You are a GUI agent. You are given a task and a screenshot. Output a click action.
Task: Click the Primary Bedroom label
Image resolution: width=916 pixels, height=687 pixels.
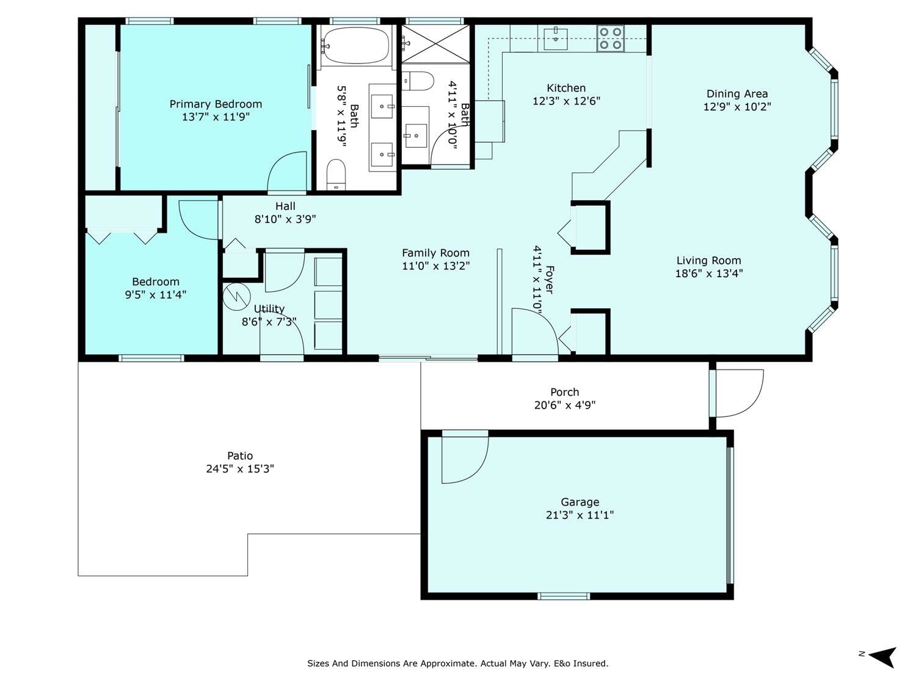tap(216, 104)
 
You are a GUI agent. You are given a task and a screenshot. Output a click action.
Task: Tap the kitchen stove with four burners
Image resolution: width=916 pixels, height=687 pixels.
tap(610, 38)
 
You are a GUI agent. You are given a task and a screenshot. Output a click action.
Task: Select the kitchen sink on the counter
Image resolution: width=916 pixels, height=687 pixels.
tap(556, 38)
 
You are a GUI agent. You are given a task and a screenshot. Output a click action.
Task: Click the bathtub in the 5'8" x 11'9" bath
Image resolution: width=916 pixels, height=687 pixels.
tap(356, 46)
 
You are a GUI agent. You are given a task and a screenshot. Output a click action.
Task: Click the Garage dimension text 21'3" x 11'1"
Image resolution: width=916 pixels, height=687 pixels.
tap(580, 515)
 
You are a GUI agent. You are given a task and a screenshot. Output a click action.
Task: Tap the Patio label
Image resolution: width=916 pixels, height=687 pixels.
tap(239, 456)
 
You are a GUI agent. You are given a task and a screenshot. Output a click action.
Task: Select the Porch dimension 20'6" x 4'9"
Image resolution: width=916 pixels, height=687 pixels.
tap(565, 405)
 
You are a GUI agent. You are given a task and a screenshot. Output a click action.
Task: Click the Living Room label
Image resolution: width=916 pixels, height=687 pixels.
tap(708, 261)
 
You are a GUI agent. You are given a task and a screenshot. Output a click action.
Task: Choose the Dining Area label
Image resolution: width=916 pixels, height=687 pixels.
tap(737, 94)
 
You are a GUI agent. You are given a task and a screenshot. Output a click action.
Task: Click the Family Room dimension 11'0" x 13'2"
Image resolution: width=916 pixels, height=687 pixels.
tap(435, 266)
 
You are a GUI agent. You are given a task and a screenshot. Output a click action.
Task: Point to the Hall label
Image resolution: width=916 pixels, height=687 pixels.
tap(285, 206)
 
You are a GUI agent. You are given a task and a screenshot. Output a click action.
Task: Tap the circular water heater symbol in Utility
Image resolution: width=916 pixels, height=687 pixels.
tap(236, 297)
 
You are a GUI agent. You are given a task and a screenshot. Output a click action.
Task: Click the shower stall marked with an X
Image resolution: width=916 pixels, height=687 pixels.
tap(435, 44)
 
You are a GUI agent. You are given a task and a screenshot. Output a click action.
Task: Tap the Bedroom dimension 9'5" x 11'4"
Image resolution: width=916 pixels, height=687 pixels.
tap(155, 295)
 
